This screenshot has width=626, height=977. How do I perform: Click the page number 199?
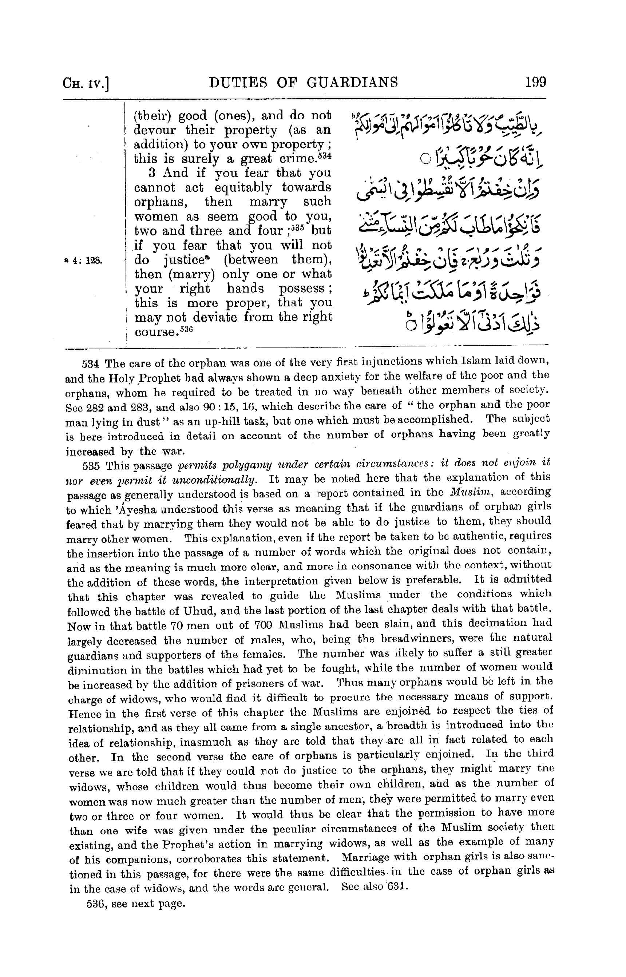click(x=535, y=83)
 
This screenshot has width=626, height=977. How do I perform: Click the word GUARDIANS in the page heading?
click(x=352, y=83)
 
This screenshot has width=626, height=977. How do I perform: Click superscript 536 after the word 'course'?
click(x=185, y=330)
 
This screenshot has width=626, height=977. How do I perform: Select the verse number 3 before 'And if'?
click(x=152, y=173)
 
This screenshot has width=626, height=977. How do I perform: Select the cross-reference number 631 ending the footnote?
click(x=396, y=887)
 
